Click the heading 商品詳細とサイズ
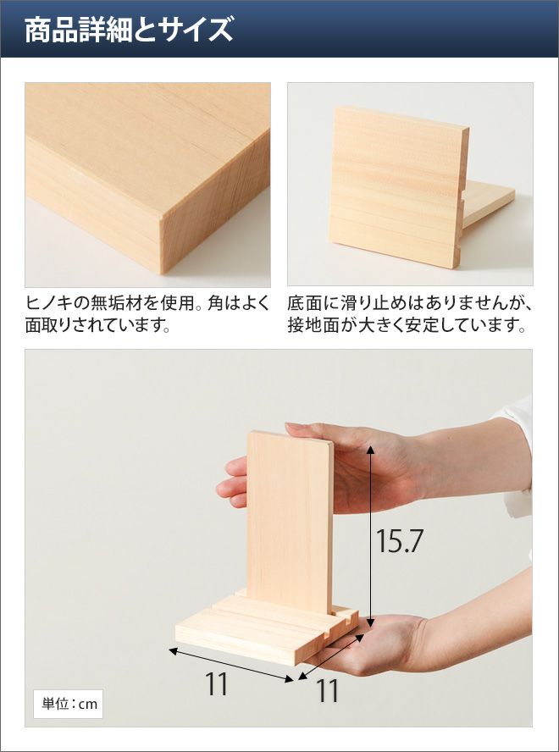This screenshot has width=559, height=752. click(129, 30)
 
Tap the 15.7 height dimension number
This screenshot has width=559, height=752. click(399, 541)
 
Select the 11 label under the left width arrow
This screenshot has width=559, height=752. click(217, 684)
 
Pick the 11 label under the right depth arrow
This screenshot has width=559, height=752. click(327, 691)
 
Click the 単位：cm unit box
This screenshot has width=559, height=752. click(68, 704)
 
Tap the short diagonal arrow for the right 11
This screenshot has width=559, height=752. click(330, 656)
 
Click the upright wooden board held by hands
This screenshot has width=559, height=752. click(290, 521)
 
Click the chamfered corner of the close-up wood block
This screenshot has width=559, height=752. click(162, 218)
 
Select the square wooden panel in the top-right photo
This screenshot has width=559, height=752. click(398, 187)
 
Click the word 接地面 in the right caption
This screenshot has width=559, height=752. click(313, 326)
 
